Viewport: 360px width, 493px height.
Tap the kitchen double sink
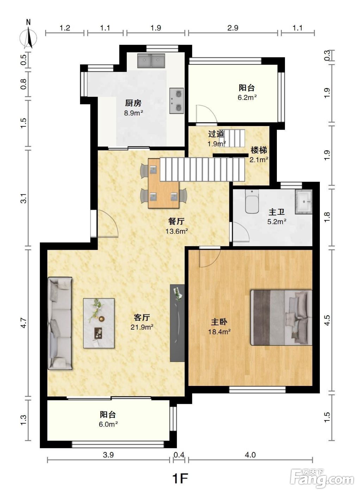pyautogui.click(x=151, y=60)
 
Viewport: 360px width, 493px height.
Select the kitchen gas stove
pyautogui.click(x=176, y=101)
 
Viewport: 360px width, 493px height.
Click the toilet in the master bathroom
pyautogui.click(x=252, y=201)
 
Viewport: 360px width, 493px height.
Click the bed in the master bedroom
pyautogui.click(x=281, y=318)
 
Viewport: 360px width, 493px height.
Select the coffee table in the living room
pyautogui.click(x=99, y=323)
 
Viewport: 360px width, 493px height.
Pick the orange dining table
pyautogui.click(x=163, y=183)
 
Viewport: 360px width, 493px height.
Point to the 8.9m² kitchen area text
pyautogui.click(x=134, y=113)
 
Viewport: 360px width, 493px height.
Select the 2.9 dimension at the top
pyautogui.click(x=233, y=28)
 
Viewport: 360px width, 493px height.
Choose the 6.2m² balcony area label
pyautogui.click(x=247, y=98)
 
